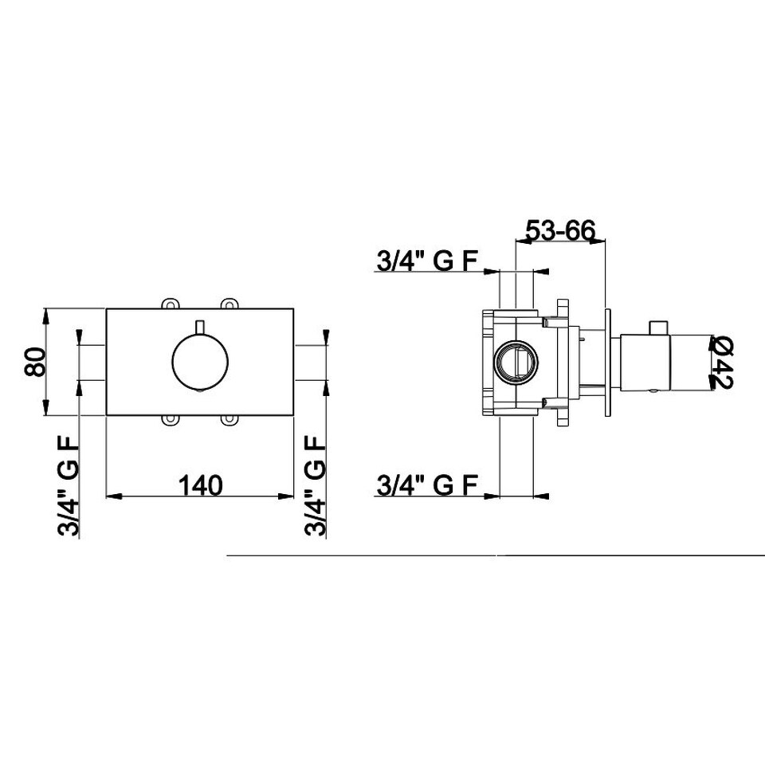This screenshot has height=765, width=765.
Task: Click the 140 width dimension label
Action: (200, 485)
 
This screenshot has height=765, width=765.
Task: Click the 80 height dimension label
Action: (35, 362)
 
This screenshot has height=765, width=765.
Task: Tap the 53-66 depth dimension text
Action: (560, 229)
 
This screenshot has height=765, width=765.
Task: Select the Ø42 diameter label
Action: (721, 362)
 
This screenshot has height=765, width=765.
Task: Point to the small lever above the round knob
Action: (200, 328)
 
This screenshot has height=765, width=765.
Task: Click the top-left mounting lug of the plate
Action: (168, 304)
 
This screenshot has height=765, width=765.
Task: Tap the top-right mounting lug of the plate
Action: (229, 304)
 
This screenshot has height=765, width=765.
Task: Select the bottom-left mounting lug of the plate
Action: (168, 420)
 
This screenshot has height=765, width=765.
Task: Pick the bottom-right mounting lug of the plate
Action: (229, 420)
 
